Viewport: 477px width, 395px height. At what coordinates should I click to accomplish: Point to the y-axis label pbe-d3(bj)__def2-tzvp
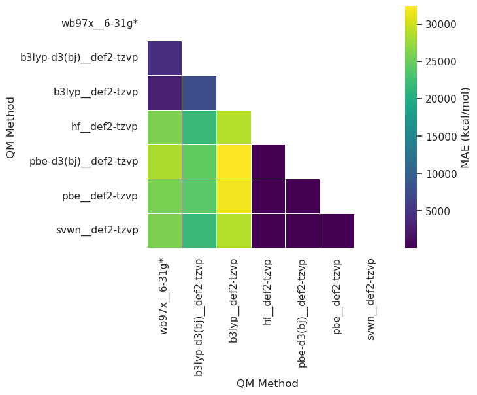click(x=84, y=162)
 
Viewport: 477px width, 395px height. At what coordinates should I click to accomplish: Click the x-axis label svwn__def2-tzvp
click(x=371, y=299)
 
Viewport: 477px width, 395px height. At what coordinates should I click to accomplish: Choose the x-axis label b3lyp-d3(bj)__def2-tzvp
click(x=199, y=317)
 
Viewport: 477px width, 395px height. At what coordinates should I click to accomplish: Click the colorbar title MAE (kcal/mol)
click(x=465, y=128)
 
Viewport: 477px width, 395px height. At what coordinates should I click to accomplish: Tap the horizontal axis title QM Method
click(x=267, y=383)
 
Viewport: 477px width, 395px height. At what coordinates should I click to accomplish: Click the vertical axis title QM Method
click(x=10, y=128)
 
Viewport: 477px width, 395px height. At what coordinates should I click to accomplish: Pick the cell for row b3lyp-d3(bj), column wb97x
click(x=165, y=58)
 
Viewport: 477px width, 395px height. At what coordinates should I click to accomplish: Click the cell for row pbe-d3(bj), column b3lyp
click(x=233, y=162)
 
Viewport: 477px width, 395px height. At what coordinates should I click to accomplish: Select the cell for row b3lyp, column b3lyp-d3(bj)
click(x=199, y=92)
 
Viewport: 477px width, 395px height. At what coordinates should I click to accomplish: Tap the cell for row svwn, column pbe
click(x=337, y=230)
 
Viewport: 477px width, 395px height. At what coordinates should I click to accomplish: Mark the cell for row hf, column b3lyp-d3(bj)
click(x=199, y=127)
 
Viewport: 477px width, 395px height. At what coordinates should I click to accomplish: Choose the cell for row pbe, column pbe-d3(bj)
click(x=302, y=196)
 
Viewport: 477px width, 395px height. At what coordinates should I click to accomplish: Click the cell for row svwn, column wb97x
click(x=165, y=230)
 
